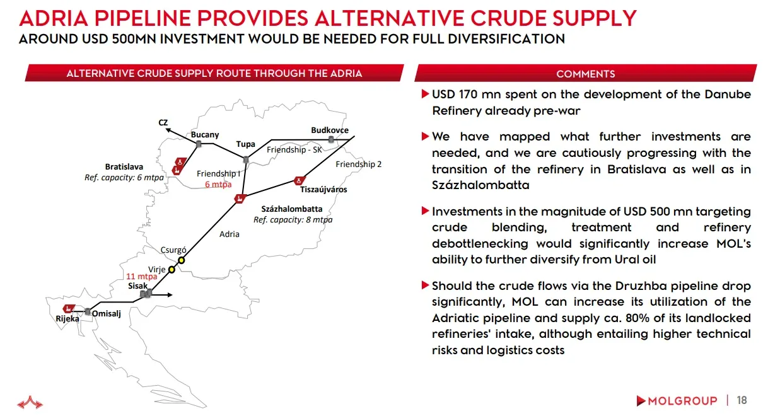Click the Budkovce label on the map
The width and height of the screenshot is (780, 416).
[329, 130]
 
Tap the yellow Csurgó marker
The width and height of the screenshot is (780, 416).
[182, 260]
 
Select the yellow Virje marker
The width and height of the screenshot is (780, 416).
[172, 269]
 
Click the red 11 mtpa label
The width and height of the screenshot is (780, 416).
[141, 277]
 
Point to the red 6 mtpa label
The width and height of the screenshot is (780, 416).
[218, 184]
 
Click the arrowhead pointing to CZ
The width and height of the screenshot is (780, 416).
[168, 130]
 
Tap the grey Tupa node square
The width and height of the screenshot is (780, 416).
[246, 160]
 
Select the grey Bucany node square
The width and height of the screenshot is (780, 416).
[199, 144]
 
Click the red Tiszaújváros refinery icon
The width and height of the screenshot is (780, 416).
[299, 181]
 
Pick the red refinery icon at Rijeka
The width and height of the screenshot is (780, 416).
[69, 308]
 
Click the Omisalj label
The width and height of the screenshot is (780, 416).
[106, 314]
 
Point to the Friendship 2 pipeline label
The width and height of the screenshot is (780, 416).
[358, 164]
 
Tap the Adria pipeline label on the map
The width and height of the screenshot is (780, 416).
[229, 234]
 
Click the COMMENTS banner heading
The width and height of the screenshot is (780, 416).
[585, 74]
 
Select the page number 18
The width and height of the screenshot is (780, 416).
[742, 400]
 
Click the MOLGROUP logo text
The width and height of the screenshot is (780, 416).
[682, 401]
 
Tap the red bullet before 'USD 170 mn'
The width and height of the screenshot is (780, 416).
[425, 94]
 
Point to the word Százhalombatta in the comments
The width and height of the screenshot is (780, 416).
[480, 185]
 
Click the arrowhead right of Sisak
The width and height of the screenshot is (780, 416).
[170, 295]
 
